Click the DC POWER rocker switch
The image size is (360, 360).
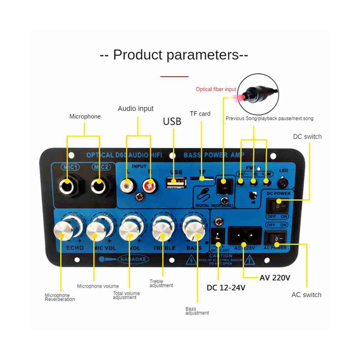point(276,206)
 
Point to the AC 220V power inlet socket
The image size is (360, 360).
point(244,235)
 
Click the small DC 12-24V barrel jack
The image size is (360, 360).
point(218,236)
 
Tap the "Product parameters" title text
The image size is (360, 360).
point(174,55)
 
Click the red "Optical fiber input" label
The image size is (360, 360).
point(216,89)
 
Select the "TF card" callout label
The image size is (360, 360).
point(200,114)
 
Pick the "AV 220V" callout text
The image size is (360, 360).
point(275,277)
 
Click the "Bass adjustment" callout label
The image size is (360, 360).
point(197,311)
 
